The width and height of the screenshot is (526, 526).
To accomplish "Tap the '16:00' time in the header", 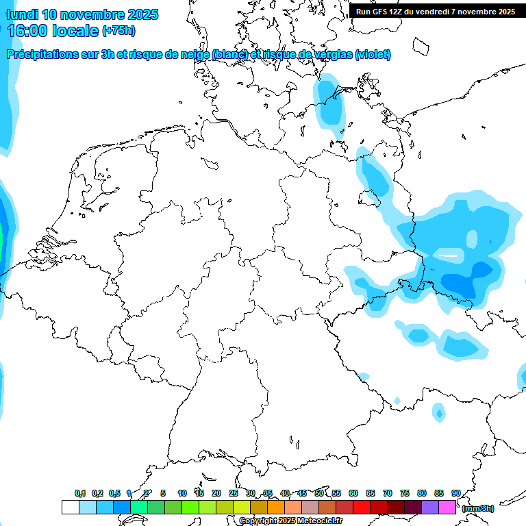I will (28, 31).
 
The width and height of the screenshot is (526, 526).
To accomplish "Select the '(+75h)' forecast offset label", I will (119, 31).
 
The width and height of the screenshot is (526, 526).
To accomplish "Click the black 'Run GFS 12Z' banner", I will (436, 11).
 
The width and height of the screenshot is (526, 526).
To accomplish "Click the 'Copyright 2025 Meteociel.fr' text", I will (290, 521).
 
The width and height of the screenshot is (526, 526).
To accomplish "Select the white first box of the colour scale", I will (70, 508).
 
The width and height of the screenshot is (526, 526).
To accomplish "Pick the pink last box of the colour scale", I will (447, 508).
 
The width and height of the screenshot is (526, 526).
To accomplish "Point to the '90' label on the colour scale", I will (455, 493).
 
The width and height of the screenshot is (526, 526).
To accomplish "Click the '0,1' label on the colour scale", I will (79, 493).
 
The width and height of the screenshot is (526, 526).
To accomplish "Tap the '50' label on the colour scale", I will (319, 493).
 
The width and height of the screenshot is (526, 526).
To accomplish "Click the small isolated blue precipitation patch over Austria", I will (438, 412).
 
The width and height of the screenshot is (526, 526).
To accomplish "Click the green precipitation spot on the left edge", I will (1, 241).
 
